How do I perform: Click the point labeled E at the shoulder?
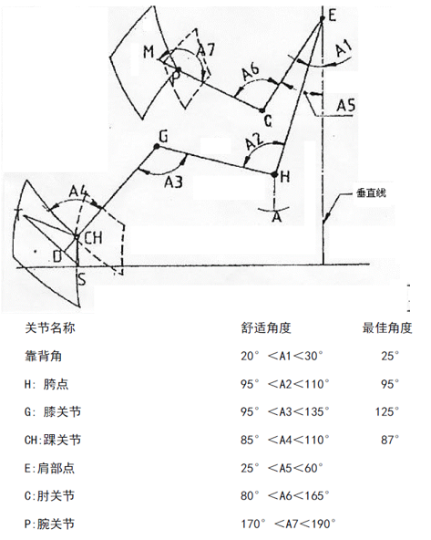tap(323, 18)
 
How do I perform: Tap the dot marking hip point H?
tap(274, 174)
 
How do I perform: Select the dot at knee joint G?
tap(157, 147)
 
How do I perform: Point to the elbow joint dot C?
tap(262, 110)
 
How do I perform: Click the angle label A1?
tap(344, 47)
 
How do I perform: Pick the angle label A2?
tap(254, 142)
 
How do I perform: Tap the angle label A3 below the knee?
tap(173, 182)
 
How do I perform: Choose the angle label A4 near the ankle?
tap(79, 192)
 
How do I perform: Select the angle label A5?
tap(345, 106)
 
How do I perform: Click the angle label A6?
tap(251, 72)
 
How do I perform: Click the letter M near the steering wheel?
tap(149, 52)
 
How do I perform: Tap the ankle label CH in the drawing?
tap(93, 238)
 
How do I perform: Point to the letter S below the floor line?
tap(82, 279)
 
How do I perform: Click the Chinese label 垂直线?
tap(371, 192)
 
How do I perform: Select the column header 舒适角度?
tap(266, 327)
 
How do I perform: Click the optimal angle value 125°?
tap(387, 411)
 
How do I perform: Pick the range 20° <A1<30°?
tap(282, 356)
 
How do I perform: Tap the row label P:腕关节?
tap(49, 524)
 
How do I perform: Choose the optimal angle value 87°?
tap(390, 440)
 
